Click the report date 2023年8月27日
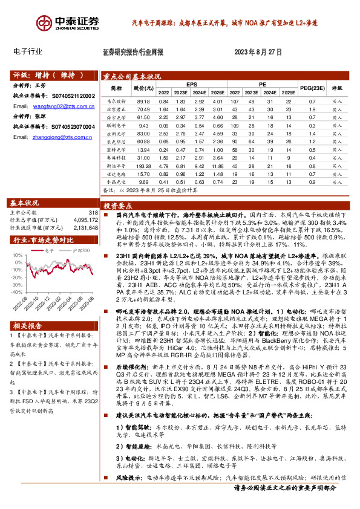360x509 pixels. (258, 53)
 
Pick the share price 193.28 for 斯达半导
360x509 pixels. (143, 165)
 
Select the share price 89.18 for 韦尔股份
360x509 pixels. (143, 101)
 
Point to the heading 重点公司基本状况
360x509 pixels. (132, 76)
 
